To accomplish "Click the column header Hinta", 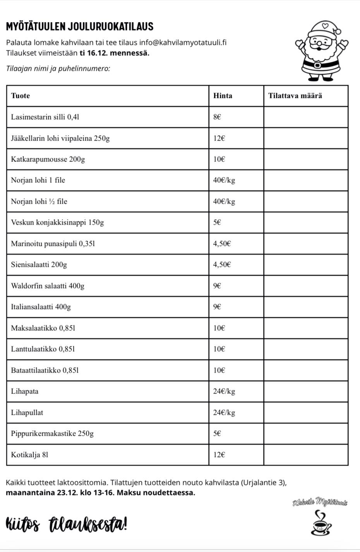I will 223,96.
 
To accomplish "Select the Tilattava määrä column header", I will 295,96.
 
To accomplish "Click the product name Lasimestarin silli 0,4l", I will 45,117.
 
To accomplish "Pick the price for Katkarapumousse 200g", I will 219,159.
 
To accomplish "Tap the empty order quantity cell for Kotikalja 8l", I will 306,454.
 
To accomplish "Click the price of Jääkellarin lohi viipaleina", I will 219,138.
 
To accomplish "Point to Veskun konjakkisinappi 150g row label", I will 57,222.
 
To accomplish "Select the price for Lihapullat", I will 224,413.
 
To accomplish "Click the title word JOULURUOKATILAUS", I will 111,27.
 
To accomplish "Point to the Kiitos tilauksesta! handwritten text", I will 67,525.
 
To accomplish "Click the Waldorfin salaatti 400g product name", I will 48,286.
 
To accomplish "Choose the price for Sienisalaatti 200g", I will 222,265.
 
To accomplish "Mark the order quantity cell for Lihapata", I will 306,391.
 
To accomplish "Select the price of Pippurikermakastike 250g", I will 217,433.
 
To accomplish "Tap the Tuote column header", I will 21,96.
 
